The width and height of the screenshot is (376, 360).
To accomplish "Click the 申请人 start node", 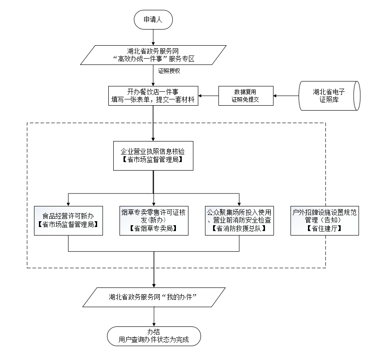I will (x=153, y=20).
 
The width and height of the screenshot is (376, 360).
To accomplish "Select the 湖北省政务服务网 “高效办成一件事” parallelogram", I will (x=153, y=54).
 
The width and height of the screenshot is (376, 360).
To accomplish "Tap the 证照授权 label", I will (x=169, y=71).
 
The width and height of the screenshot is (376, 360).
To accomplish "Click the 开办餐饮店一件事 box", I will (x=153, y=96).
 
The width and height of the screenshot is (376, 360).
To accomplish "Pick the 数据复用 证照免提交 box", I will (x=246, y=96).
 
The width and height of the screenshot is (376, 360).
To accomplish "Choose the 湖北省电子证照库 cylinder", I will (x=328, y=96).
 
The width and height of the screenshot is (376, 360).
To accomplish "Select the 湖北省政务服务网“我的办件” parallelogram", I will (x=153, y=297).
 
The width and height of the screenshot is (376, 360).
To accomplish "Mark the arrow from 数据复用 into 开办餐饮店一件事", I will (x=209, y=96).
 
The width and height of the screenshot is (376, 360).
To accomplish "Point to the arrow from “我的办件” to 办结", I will (x=154, y=317).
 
